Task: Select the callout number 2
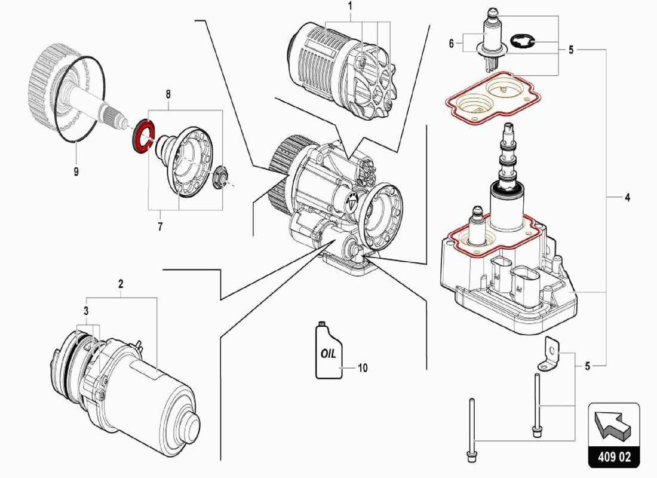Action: coord(121,283)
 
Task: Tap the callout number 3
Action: coord(86,311)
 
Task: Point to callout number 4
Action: coord(627,198)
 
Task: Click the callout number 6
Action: coord(452,43)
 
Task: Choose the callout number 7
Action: coord(159,226)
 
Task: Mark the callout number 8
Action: coord(168,94)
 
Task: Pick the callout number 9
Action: coord(76,172)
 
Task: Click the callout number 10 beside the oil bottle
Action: coord(363,368)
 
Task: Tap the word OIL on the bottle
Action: coord(328,353)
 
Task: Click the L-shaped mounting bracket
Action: coord(549,354)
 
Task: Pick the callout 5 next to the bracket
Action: coord(587,366)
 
